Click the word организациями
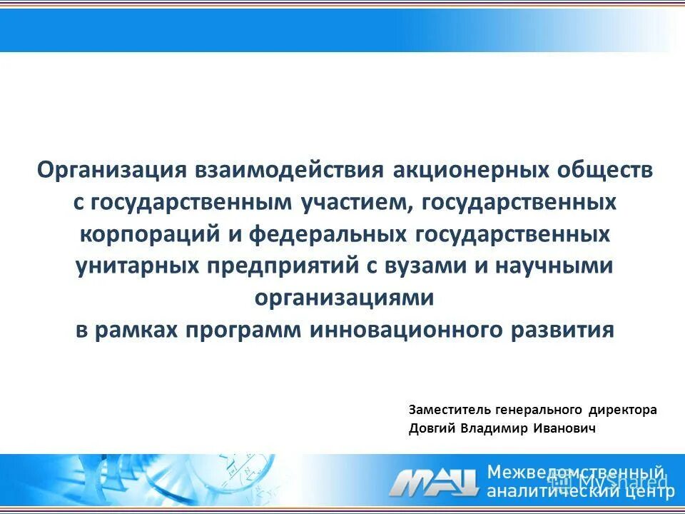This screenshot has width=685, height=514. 344,298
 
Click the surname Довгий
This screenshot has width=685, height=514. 431,428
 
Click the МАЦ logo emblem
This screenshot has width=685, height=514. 433,482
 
